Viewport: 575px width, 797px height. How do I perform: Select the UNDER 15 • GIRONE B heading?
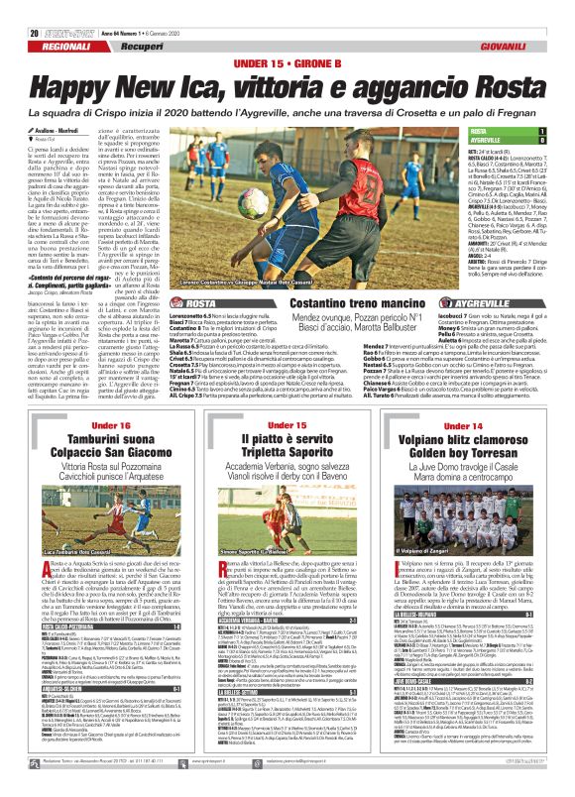click(287, 36)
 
